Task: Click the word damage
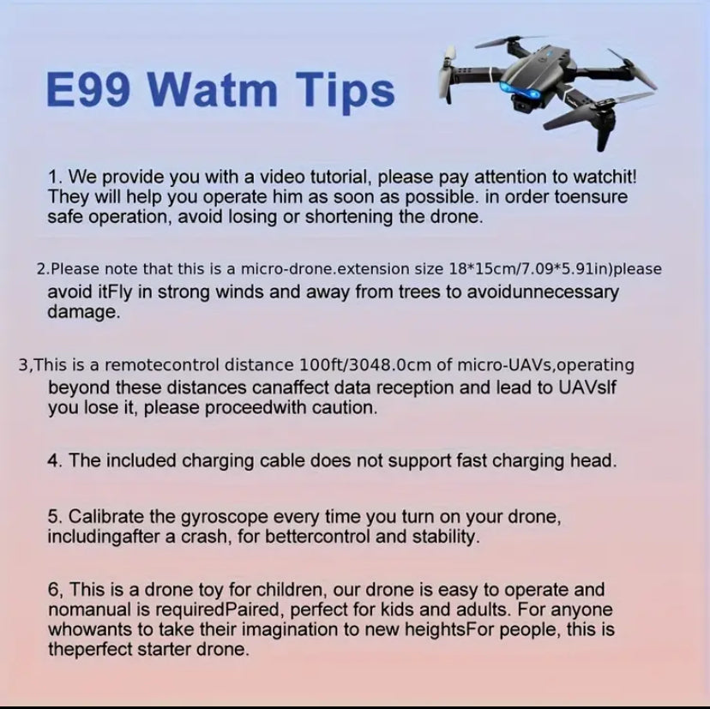81,312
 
